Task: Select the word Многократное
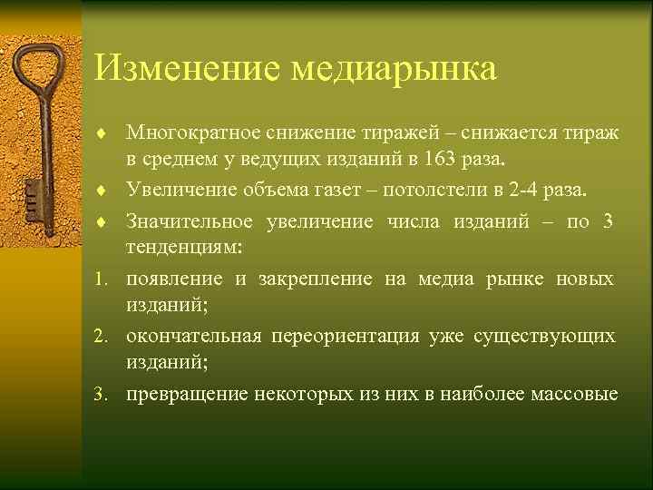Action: point(194,134)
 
